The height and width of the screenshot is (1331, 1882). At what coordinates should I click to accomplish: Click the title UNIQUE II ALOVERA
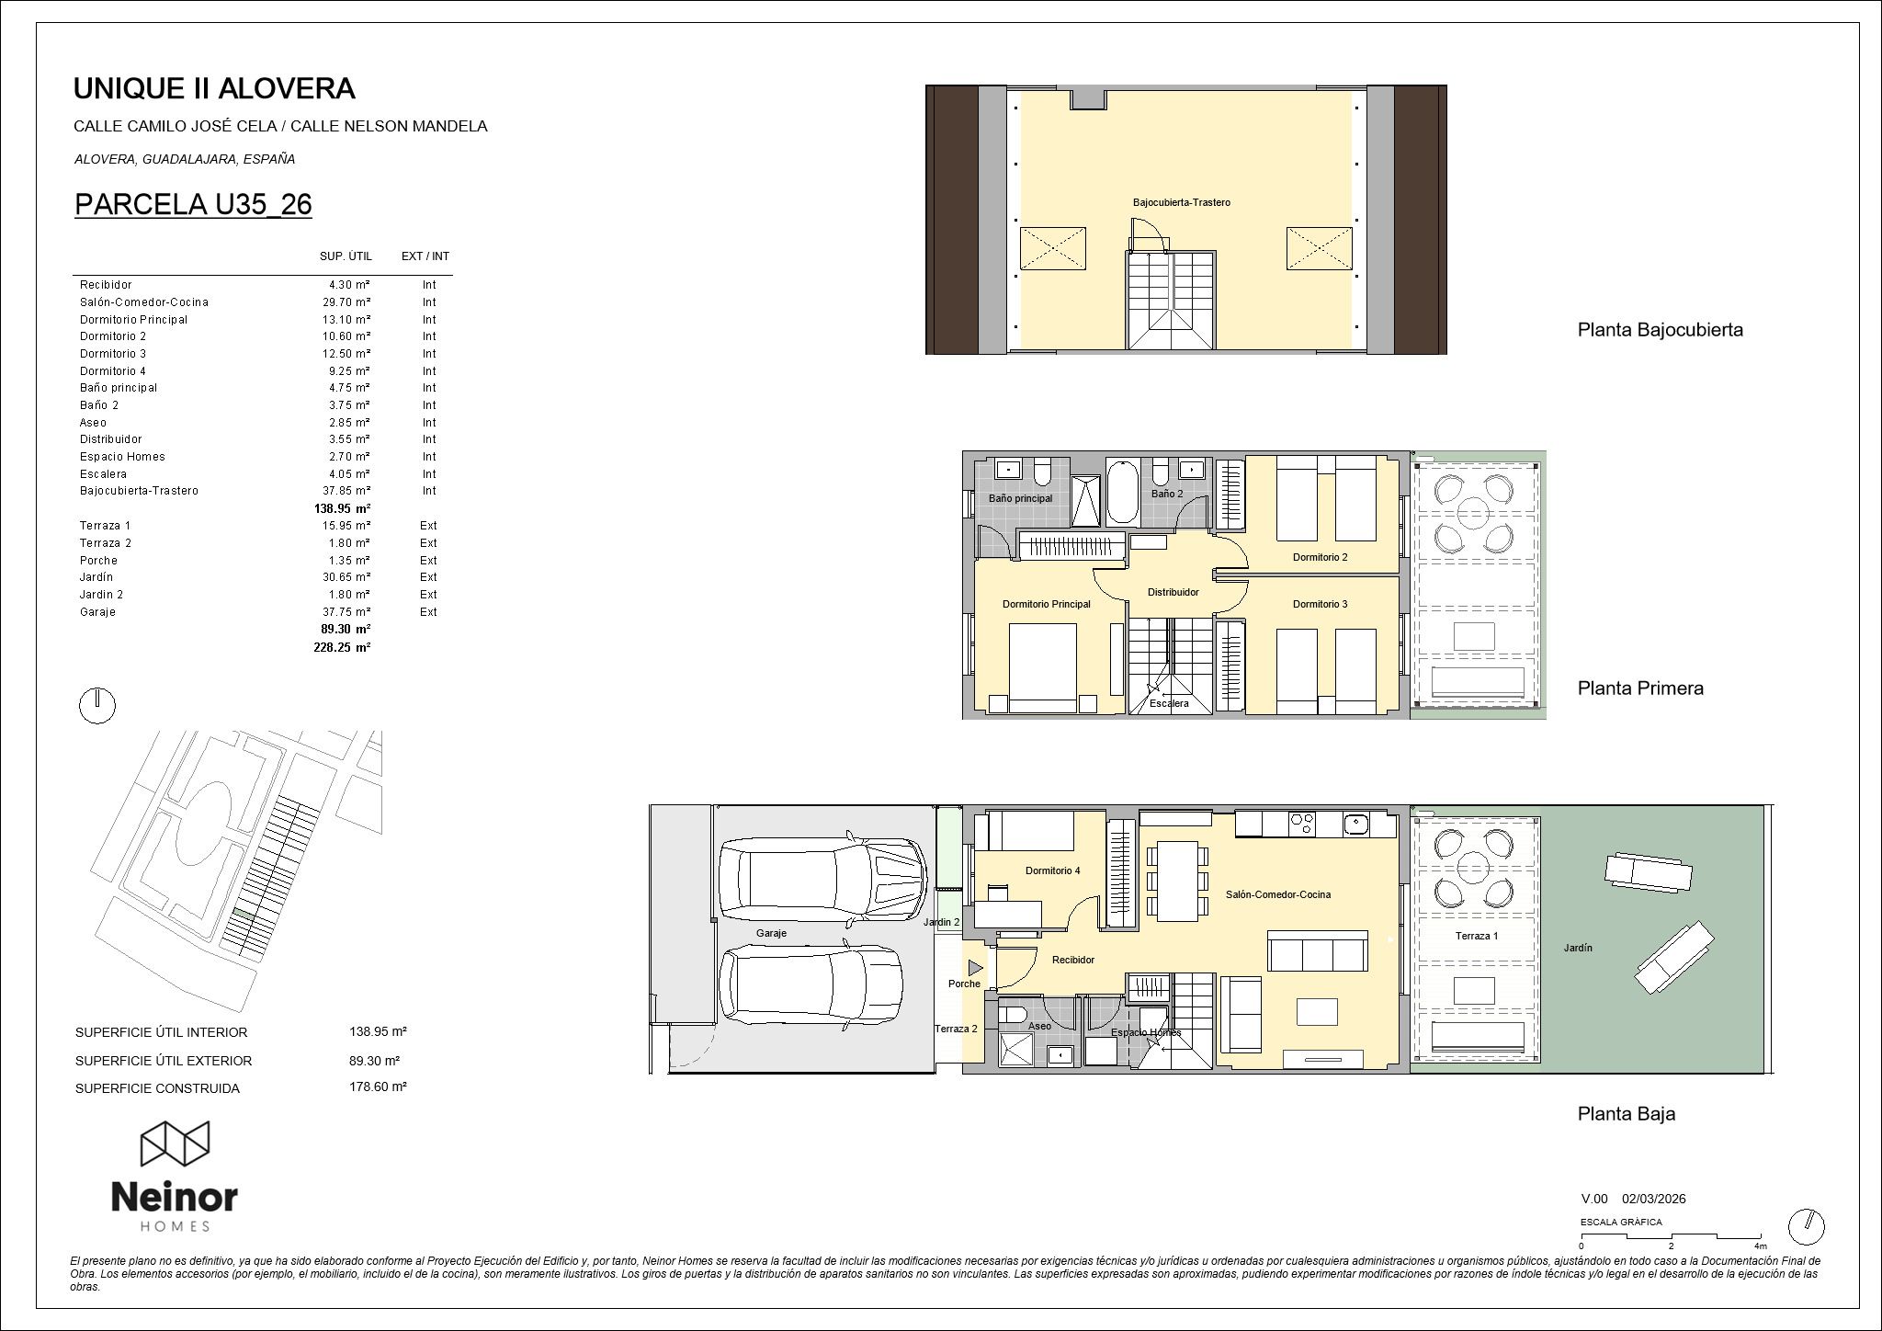(x=213, y=89)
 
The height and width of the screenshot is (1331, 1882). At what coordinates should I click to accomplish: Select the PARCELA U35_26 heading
(x=193, y=204)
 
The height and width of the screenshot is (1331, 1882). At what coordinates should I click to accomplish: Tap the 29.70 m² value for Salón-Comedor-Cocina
(x=349, y=302)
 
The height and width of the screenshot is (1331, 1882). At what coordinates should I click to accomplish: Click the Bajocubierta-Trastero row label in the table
(x=139, y=491)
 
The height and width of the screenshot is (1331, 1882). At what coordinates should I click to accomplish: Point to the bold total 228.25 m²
(x=342, y=647)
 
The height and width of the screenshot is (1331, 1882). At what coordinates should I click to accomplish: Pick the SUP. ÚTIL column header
(x=346, y=256)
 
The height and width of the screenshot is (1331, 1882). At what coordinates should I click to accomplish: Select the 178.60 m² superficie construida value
(x=378, y=1086)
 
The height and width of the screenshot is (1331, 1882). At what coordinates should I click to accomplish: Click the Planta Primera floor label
(x=1640, y=688)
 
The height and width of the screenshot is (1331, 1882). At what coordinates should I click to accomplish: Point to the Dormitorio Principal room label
(x=1046, y=604)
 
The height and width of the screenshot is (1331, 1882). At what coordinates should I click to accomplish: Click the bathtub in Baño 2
(x=1122, y=493)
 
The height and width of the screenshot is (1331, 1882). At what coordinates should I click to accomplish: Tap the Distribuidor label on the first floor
(x=1173, y=592)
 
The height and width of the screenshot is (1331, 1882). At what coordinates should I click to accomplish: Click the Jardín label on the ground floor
(x=1578, y=947)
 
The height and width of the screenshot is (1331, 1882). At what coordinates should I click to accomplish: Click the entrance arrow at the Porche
(x=975, y=968)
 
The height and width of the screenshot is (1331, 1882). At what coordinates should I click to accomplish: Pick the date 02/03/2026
(x=1653, y=1199)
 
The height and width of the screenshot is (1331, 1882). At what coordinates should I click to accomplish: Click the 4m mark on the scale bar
(x=1760, y=1246)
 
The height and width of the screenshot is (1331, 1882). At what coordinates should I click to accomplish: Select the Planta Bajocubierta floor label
(x=1660, y=330)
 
